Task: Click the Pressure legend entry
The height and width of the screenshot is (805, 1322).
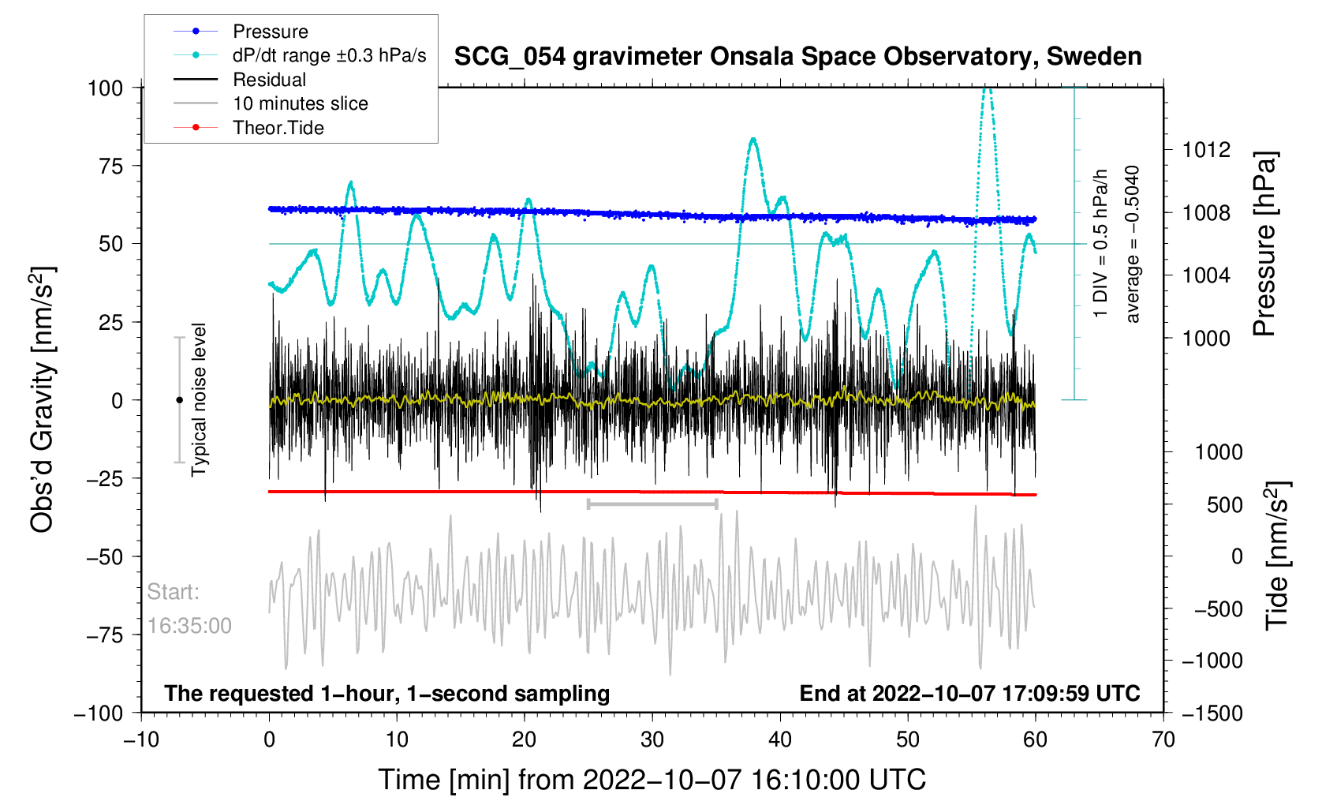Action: pos(270,32)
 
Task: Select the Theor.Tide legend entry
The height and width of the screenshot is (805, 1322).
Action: pos(278,128)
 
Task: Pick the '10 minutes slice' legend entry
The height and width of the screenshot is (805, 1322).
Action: pos(300,103)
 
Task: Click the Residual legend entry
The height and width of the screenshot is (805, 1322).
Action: pos(269,80)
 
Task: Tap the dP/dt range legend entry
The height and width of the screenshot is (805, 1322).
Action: pos(329,55)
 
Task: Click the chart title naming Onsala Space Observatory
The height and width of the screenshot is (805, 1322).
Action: pos(797,57)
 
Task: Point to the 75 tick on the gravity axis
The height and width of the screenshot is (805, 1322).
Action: pos(106,166)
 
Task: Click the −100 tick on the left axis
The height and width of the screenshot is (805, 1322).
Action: pos(99,713)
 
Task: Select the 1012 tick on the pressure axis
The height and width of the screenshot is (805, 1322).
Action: pos(1206,150)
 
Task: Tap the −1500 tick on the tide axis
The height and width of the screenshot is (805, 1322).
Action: pos(1212,713)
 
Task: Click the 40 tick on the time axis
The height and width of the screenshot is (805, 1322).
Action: pos(780,739)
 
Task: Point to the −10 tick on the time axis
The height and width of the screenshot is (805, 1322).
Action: pos(141,739)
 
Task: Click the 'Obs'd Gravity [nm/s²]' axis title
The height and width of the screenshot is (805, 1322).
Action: pos(43,399)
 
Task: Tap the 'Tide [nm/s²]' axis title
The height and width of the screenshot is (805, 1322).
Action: pos(1277,556)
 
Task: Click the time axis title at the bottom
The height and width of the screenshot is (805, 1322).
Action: pos(652,780)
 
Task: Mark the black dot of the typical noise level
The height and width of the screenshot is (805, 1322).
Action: pos(179,400)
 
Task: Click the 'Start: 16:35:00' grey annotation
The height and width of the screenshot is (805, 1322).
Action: pos(189,608)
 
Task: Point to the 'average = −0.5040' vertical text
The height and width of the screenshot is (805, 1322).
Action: pos(1133,245)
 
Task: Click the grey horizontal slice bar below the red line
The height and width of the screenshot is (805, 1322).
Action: pos(652,504)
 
